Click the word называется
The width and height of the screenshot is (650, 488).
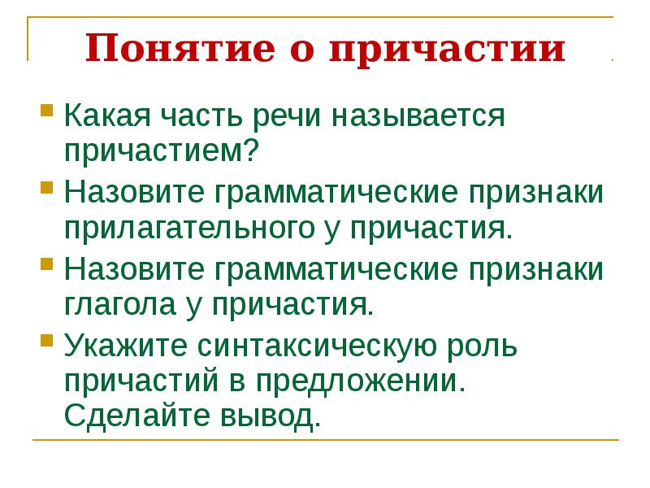click(418, 117)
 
